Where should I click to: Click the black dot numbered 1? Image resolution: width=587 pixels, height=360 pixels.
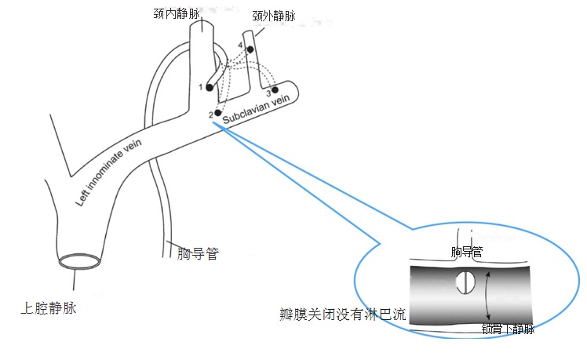[210, 87]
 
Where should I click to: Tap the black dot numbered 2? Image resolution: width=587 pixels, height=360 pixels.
[218, 112]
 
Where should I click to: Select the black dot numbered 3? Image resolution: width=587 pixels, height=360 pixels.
[275, 91]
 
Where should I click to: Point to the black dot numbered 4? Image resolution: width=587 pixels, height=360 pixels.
[250, 49]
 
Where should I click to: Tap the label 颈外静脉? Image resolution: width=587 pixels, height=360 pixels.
[275, 15]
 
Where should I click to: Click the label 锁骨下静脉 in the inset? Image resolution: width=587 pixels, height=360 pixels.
[509, 329]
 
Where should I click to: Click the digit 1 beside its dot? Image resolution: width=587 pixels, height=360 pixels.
[201, 86]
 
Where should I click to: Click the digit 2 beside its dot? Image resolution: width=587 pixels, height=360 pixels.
[210, 115]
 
